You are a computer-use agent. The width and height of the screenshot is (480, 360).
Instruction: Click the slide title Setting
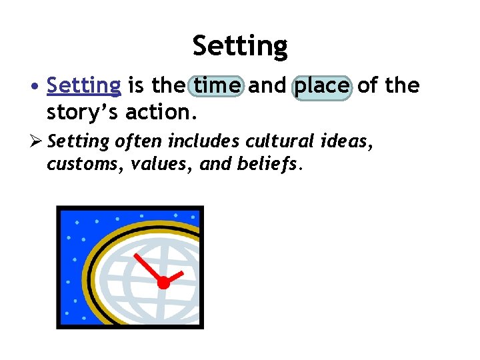click(x=240, y=46)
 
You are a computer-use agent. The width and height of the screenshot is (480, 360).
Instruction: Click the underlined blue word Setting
click(x=84, y=86)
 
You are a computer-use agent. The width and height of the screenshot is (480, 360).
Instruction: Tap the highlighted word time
click(x=217, y=86)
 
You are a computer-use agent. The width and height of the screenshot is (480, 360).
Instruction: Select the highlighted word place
click(x=322, y=86)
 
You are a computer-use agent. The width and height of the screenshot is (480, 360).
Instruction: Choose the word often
click(x=139, y=141)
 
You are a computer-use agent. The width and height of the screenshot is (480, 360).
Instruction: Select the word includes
click(x=205, y=141)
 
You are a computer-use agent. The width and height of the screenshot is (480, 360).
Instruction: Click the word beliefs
click(x=268, y=164)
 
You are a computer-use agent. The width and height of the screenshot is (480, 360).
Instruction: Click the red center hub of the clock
click(x=163, y=283)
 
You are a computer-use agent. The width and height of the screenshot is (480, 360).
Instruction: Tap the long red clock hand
click(x=148, y=268)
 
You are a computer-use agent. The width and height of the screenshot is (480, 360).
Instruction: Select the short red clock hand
click(x=174, y=277)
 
